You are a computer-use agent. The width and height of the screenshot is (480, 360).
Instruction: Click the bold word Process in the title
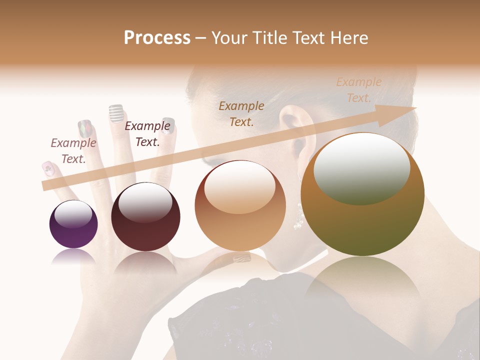click(x=157, y=37)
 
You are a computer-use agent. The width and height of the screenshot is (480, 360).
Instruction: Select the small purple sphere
click(x=73, y=224)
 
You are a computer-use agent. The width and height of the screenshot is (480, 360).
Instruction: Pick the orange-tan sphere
click(x=240, y=205)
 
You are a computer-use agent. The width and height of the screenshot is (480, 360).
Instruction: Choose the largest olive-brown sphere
click(x=362, y=194)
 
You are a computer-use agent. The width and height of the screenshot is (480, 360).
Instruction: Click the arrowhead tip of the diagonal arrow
click(x=415, y=108)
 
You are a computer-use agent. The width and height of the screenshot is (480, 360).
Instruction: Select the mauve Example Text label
click(x=73, y=151)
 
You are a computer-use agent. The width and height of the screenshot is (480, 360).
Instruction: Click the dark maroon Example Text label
click(x=147, y=134)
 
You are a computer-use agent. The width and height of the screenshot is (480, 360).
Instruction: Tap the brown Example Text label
click(x=241, y=113)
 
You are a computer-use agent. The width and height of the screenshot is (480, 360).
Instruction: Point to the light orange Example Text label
click(x=359, y=90)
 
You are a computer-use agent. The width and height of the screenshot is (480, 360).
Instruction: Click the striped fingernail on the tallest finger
click(x=116, y=113)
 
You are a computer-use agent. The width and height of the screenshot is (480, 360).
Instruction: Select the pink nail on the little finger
click(x=48, y=168)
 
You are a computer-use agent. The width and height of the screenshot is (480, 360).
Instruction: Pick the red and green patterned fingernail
click(x=85, y=128)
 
